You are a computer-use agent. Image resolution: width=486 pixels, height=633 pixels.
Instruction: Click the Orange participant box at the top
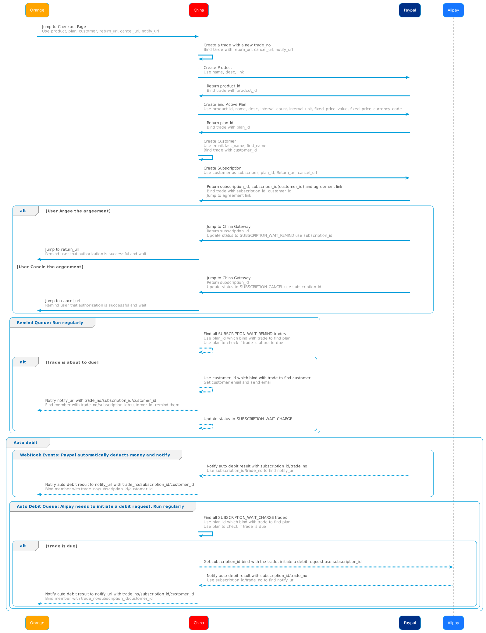37,10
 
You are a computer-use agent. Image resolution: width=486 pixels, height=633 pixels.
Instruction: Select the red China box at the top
199,10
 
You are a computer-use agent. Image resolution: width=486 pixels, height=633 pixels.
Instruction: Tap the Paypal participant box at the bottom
410,623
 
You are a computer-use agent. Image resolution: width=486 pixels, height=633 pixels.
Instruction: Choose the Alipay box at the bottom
453,623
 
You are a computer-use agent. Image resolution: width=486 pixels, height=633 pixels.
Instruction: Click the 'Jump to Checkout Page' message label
64,27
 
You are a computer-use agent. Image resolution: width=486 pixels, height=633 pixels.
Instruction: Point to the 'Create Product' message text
218,68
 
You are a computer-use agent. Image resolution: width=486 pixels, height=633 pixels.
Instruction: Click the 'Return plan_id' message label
220,123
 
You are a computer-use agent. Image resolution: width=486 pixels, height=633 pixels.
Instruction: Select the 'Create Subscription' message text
222,168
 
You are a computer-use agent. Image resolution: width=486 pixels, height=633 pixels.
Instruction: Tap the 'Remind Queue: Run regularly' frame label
50,323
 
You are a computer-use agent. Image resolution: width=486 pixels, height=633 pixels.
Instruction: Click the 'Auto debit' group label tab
26,442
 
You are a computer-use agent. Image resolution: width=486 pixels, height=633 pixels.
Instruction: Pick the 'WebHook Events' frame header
95,455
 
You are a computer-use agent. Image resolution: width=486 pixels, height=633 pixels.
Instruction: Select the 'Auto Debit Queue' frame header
101,506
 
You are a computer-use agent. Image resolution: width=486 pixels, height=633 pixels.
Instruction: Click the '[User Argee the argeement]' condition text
78,211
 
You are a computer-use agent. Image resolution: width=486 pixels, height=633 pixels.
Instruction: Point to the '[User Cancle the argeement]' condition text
50,267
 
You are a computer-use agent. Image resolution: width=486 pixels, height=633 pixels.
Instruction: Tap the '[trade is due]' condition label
61,546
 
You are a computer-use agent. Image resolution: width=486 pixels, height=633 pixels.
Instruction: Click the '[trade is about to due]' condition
72,362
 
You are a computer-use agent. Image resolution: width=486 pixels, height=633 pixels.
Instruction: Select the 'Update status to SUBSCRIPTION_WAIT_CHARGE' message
248,419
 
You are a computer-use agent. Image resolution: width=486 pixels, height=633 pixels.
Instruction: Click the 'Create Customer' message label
220,141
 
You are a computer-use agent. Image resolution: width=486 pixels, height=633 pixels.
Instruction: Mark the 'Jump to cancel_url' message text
62,301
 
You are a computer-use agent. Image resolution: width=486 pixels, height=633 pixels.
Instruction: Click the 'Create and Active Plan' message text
225,104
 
